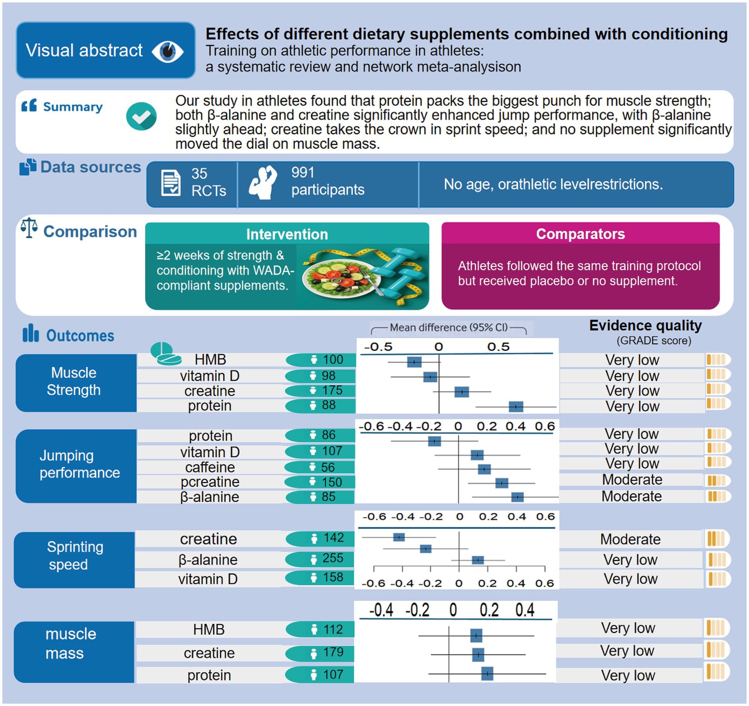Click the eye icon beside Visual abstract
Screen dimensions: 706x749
167,52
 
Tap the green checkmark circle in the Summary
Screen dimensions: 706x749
141,116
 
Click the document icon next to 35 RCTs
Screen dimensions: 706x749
171,183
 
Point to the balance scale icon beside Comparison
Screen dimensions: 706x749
29,228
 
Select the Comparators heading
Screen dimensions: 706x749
580,234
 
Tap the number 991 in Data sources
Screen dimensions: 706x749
302,173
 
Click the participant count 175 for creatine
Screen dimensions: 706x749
332,390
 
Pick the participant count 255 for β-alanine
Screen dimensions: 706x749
333,558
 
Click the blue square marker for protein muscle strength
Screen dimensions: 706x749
516,407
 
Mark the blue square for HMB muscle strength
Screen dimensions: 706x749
414,362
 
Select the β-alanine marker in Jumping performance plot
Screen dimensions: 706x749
517,497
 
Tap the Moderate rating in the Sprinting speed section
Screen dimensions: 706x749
630,539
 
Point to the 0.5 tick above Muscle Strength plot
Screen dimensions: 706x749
498,347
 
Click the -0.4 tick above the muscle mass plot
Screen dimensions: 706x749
381,610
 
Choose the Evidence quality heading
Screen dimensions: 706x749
645,326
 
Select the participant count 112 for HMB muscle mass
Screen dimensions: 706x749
333,630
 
